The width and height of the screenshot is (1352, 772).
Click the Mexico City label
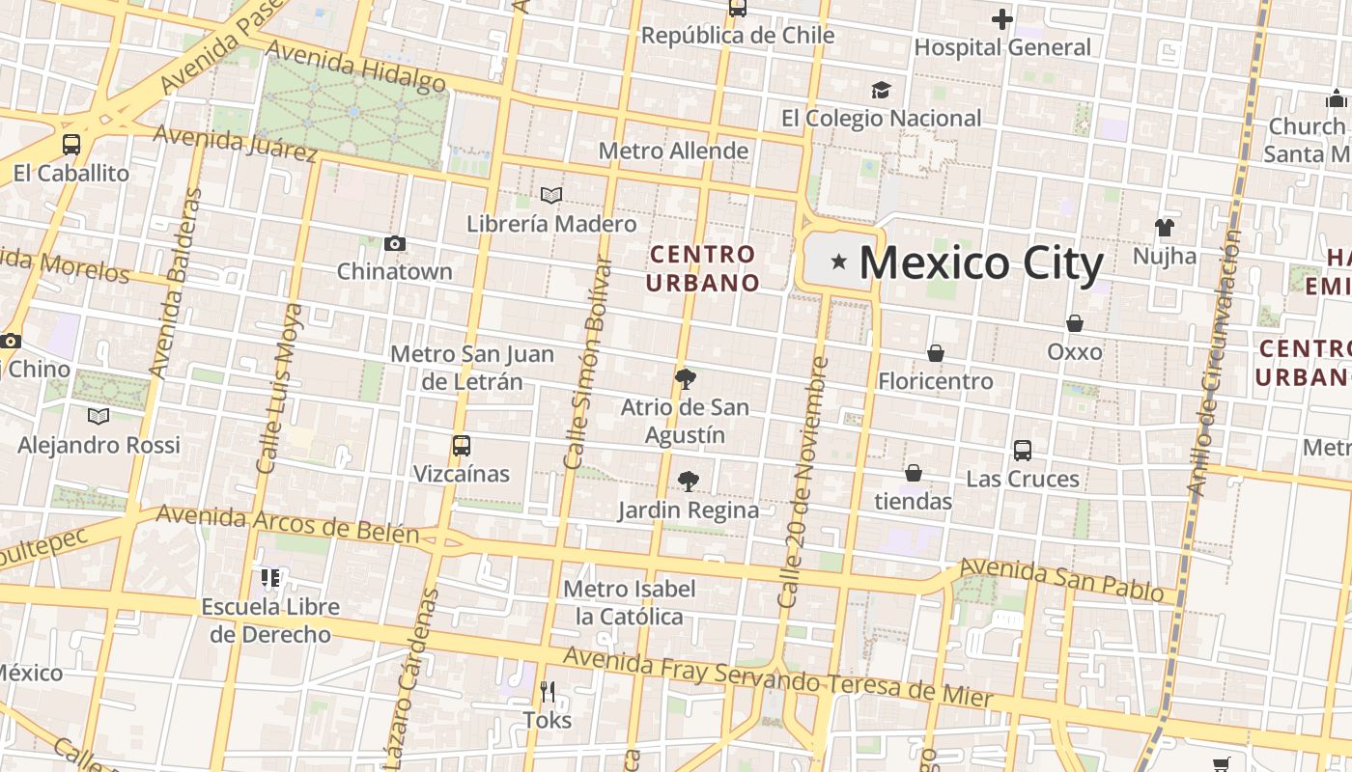coord(980,262)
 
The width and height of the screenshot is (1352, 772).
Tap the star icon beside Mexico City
coord(839,261)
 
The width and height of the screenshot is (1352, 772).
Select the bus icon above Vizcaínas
coord(462,446)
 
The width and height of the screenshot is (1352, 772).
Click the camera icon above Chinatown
coord(394,244)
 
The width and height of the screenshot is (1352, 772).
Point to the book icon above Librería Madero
coord(551,196)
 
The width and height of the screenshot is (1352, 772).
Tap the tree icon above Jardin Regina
coord(688,481)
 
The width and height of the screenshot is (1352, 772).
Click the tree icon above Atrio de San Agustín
coord(685,378)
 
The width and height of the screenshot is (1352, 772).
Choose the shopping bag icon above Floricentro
coord(935,353)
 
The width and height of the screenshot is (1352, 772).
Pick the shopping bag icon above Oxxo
coord(1074,323)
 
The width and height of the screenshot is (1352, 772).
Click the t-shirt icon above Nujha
coord(1164,228)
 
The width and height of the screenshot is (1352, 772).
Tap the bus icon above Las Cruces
coord(1022,450)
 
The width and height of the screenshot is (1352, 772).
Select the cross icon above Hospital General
coord(1002,18)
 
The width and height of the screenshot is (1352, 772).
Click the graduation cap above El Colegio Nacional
coord(880,90)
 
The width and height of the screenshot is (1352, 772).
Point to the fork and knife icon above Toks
coord(548,691)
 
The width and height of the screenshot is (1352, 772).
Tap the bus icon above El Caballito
coord(71,145)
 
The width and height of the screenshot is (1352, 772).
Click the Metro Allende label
coord(673,151)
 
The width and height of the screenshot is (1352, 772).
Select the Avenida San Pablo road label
coord(1061,578)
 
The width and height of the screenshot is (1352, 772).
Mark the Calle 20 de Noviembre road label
coord(804,482)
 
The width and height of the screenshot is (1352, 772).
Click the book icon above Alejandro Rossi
coord(99,416)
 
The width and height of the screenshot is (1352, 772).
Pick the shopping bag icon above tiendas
coord(913,473)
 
